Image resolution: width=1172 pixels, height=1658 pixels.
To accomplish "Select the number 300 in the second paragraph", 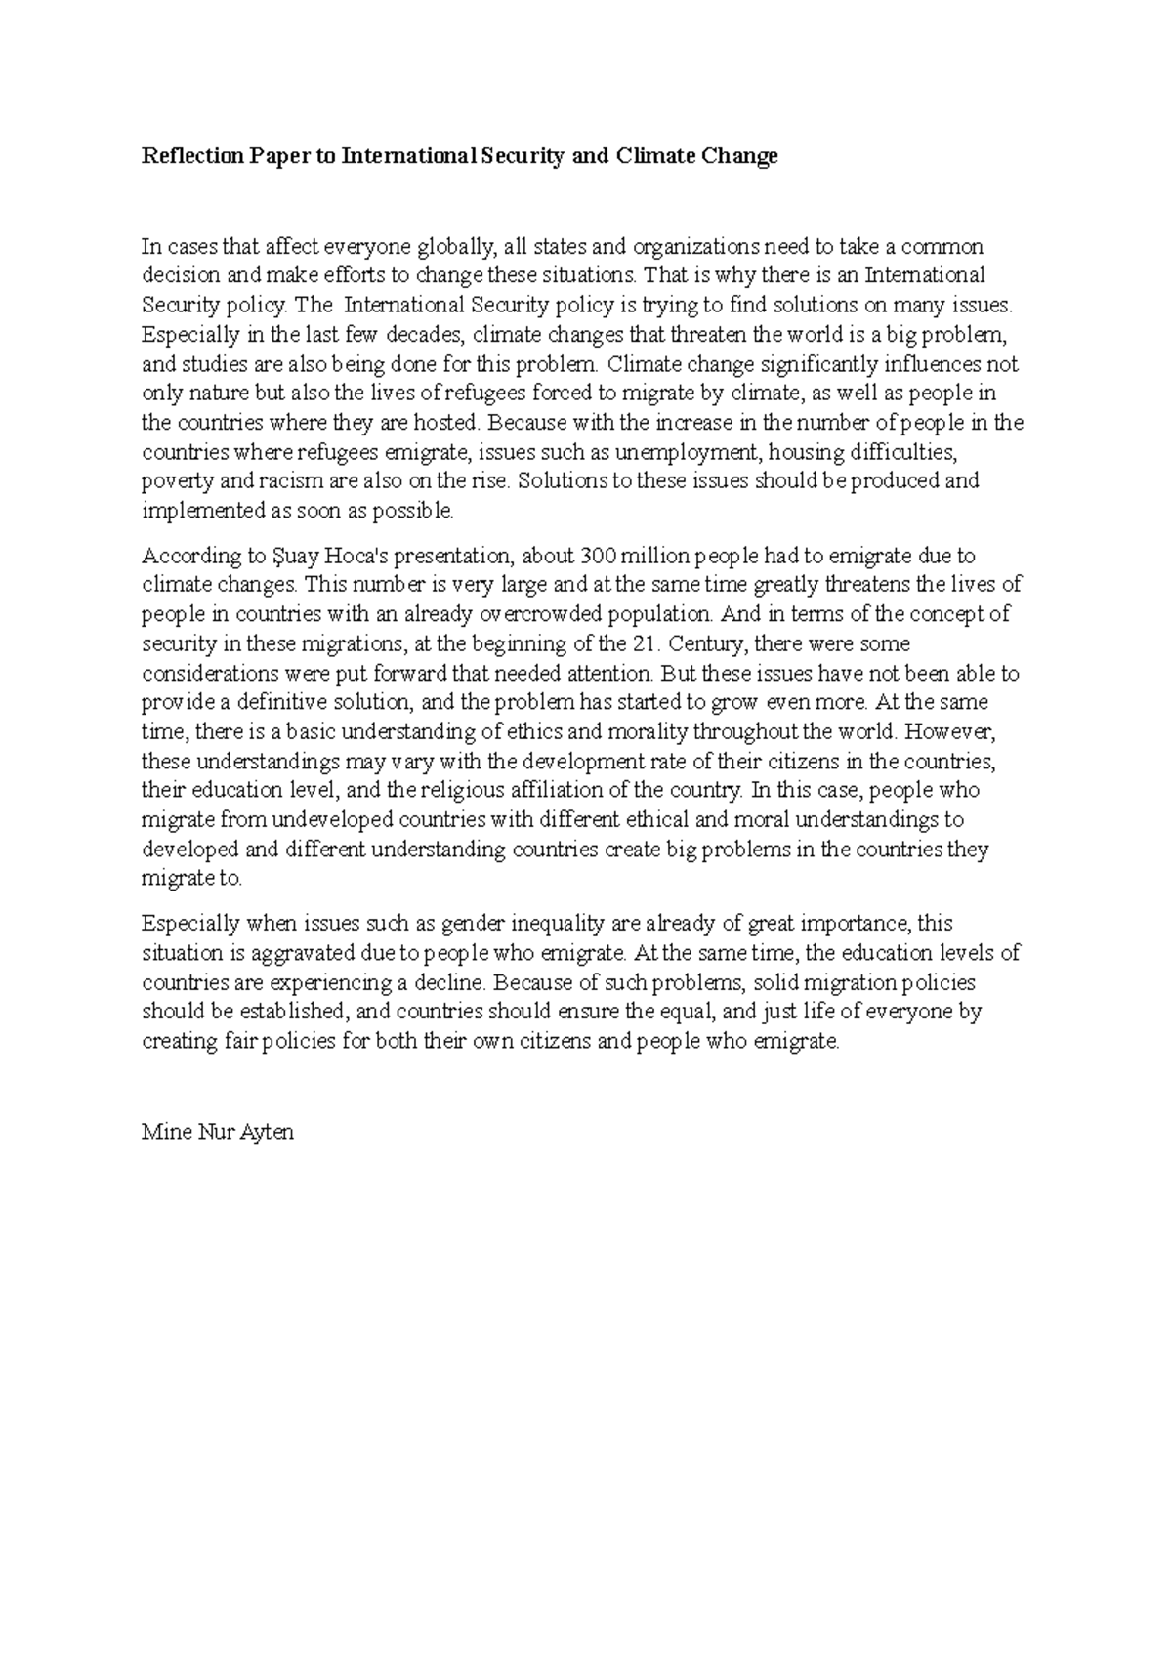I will [598, 557].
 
